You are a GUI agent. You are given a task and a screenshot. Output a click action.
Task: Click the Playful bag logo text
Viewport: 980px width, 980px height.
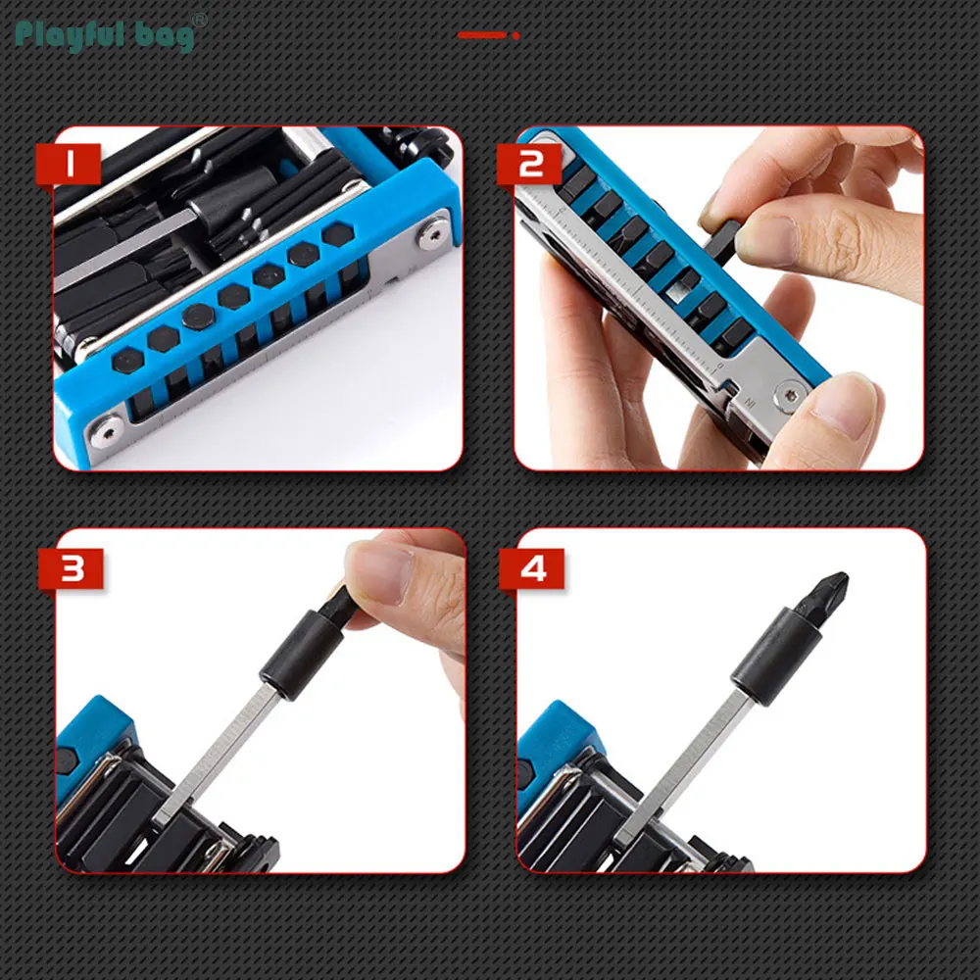[x=105, y=35]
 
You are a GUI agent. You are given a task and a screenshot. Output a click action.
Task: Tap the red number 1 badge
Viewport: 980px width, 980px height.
[x=69, y=164]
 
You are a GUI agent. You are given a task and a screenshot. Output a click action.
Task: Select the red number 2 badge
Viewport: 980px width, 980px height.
[x=530, y=164]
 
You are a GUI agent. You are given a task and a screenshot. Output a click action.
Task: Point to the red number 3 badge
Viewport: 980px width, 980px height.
[x=72, y=568]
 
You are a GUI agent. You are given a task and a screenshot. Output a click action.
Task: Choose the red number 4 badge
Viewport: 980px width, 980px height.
[x=532, y=568]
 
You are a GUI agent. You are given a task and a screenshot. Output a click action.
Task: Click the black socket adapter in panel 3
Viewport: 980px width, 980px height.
[x=302, y=655]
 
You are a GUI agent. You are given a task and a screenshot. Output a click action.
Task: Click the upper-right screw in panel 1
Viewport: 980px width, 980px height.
[x=434, y=235]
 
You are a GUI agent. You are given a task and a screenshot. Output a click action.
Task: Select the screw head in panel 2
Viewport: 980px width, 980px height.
[x=791, y=395]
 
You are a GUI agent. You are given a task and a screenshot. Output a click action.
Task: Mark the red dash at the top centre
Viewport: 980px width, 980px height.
[x=481, y=35]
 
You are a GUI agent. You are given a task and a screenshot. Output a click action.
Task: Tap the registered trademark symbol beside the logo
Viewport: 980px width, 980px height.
[x=199, y=20]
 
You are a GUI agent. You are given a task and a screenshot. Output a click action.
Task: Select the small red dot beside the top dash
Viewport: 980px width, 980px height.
[x=515, y=35]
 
